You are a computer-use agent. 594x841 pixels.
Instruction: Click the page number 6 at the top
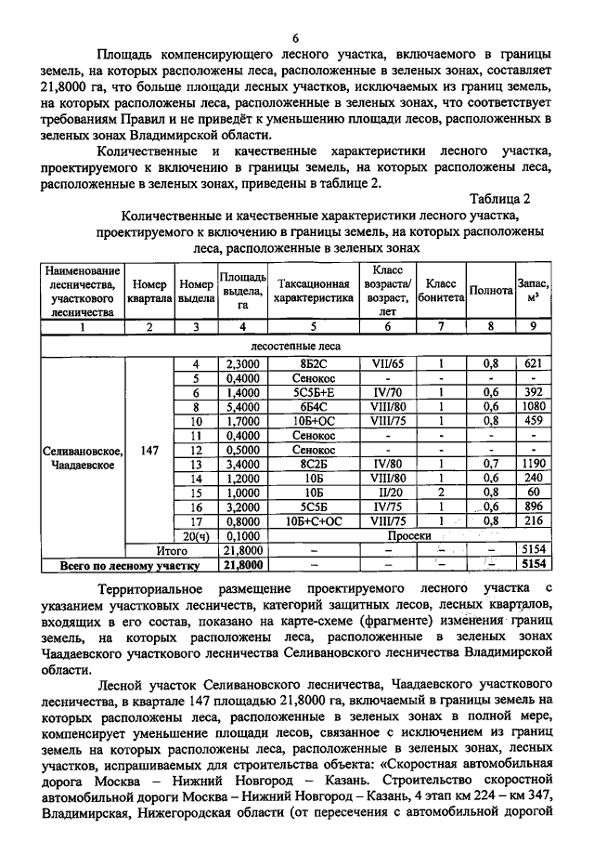pyautogui.click(x=296, y=38)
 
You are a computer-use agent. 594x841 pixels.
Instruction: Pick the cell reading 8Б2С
pyautogui.click(x=314, y=363)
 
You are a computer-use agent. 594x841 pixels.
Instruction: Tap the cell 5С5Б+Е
pyautogui.click(x=314, y=392)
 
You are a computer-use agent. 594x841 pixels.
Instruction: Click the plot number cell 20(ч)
pyautogui.click(x=196, y=536)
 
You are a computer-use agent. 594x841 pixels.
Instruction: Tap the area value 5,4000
pyautogui.click(x=242, y=406)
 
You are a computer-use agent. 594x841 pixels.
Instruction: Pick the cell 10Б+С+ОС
pyautogui.click(x=314, y=521)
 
